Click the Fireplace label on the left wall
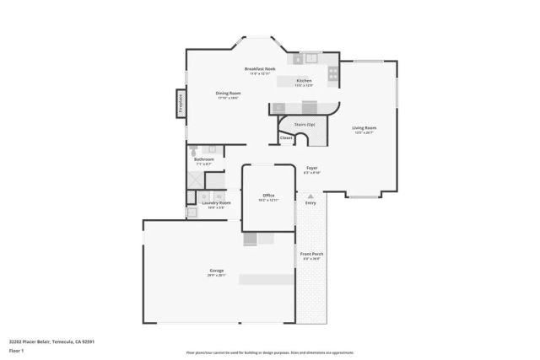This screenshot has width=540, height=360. tap(181, 104)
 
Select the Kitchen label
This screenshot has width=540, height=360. tap(304, 81)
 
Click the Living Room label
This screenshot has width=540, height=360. tap(364, 128)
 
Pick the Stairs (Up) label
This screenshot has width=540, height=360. tap(304, 124)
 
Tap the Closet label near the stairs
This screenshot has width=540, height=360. tap(286, 137)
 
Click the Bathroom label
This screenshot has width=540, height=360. tap(204, 159)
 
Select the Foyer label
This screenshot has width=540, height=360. tap(311, 168)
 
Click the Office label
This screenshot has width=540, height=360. tap(268, 195)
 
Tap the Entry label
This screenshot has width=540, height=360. tap(310, 202)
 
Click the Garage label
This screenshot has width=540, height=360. tap(217, 271)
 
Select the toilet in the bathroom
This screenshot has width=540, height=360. tap(193, 149)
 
